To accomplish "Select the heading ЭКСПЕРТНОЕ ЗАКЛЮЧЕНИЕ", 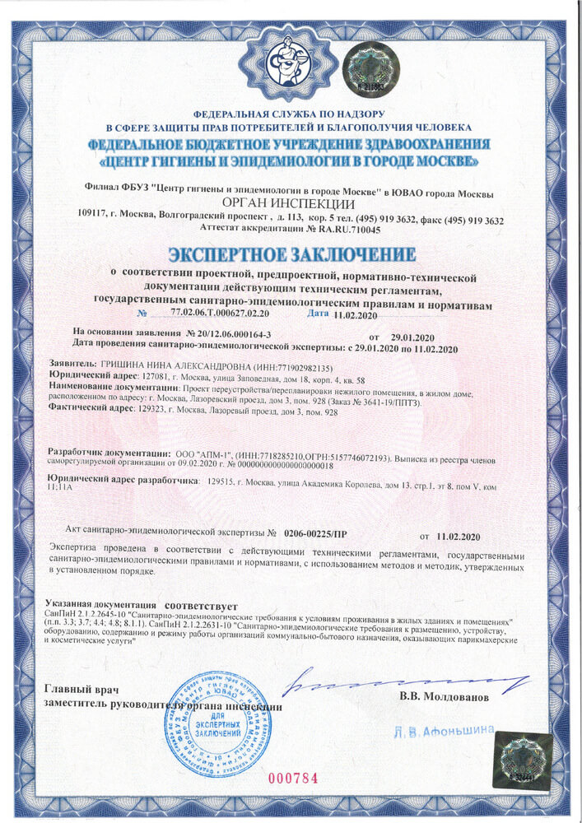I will click(291, 253).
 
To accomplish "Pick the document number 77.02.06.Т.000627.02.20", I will click(224, 314).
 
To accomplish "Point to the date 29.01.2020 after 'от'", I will click(412, 337).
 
